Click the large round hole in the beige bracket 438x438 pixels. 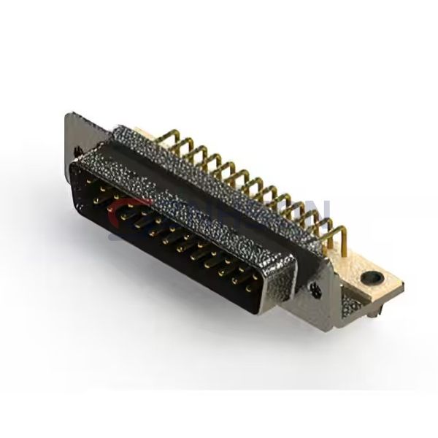click(374, 277)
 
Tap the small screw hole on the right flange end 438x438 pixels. click(317, 289)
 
